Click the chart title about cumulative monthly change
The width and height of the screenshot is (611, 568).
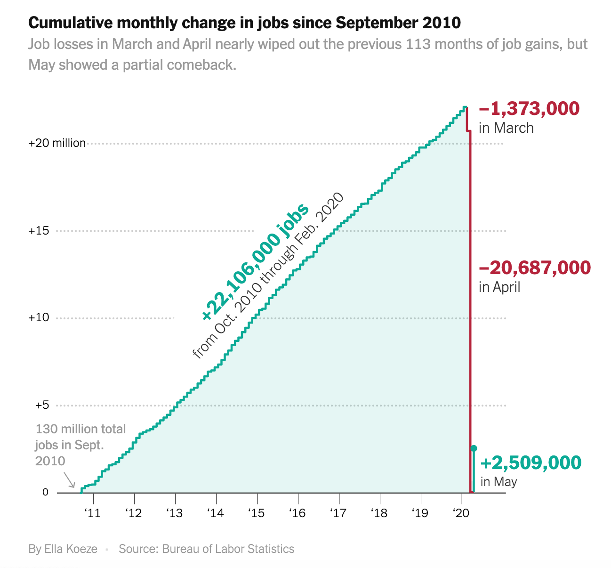[x=245, y=23]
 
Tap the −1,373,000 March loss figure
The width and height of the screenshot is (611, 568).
[x=529, y=109]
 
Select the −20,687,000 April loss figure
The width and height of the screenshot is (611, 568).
[x=534, y=268]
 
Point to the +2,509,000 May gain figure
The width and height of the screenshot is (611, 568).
[x=531, y=463]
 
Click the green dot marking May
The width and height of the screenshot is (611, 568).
[x=474, y=448]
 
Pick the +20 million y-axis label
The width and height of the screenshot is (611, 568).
[x=57, y=143]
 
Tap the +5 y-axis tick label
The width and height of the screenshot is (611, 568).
[x=42, y=405]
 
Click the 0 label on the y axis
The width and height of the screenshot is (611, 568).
[x=46, y=492]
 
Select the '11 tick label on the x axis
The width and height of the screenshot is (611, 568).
[x=93, y=512]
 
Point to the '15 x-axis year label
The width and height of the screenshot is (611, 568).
[x=257, y=512]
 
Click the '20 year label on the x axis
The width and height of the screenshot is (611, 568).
[x=461, y=512]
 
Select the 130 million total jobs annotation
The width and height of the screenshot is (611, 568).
[x=80, y=445]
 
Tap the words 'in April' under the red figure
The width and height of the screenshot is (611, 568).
[x=499, y=287]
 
